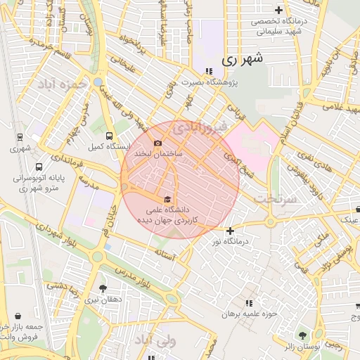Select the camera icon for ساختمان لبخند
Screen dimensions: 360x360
click(x=158, y=143)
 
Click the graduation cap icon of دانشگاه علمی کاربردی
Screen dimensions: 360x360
click(x=167, y=199)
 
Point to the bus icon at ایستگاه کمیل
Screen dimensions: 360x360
click(x=108, y=136)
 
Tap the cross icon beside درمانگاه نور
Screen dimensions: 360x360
click(x=229, y=231)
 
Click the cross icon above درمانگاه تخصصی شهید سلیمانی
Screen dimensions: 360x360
click(x=279, y=10)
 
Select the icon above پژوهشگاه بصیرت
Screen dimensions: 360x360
click(x=209, y=70)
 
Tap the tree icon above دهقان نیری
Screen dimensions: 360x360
click(x=103, y=288)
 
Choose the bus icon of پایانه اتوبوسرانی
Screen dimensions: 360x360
click(x=38, y=167)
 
